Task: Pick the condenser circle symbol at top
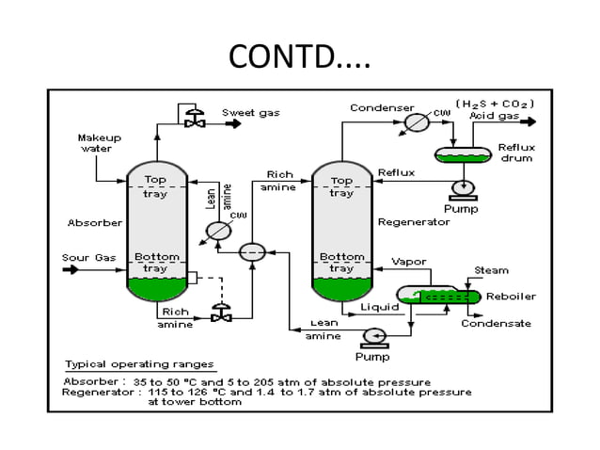coord(417,121)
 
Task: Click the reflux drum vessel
coord(462,153)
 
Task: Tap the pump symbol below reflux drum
coord(462,188)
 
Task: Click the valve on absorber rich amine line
coord(222,316)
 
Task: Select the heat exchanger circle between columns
coord(252,251)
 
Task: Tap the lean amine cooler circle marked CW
coord(218,231)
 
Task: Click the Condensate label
coord(495,323)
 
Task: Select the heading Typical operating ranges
coord(138,363)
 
